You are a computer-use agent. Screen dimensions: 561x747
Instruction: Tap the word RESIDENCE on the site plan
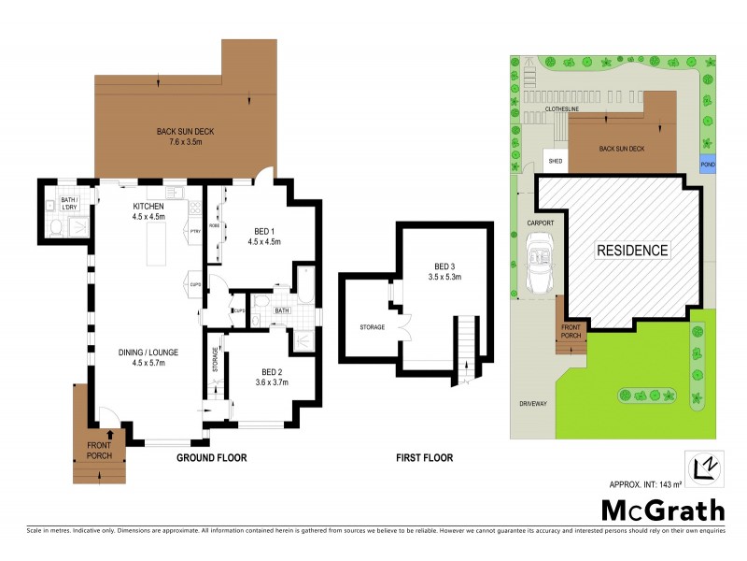click(632, 251)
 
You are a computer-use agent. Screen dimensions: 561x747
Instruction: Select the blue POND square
click(708, 165)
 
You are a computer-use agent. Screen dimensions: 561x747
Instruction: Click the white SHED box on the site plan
click(556, 161)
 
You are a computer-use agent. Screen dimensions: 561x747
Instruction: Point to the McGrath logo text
click(662, 510)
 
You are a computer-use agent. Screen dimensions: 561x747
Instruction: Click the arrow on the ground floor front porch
click(111, 434)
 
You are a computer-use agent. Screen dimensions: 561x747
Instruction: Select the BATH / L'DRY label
click(69, 204)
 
